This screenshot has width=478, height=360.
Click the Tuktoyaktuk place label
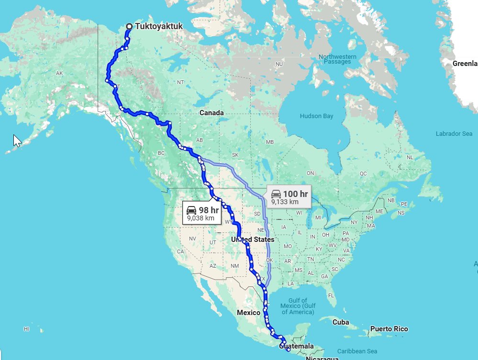[159, 27]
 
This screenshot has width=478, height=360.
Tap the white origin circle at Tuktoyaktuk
[129, 27]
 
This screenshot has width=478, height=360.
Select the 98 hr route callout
[201, 213]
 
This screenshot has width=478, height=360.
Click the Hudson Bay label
[316, 116]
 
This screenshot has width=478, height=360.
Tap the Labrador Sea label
[454, 134]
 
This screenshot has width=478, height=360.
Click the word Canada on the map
[211, 113]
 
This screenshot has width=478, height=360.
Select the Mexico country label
[249, 312]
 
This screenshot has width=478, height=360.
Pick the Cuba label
[341, 322]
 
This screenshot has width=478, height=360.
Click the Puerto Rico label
[389, 329]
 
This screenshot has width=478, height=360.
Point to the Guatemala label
[299, 346]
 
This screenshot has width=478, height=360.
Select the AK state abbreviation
[59, 73]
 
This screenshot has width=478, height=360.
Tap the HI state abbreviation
[26, 329]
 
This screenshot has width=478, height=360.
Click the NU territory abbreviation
[279, 64]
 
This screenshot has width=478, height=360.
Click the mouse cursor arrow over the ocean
[17, 141]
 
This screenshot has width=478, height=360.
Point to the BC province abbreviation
[161, 153]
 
